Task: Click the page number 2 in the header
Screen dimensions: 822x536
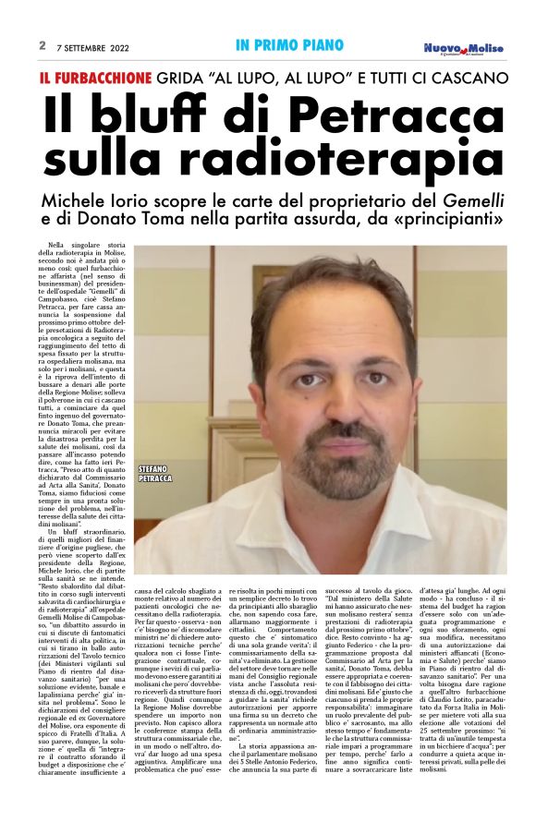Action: tap(43, 44)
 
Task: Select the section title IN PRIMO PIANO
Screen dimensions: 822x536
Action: tap(289, 44)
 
